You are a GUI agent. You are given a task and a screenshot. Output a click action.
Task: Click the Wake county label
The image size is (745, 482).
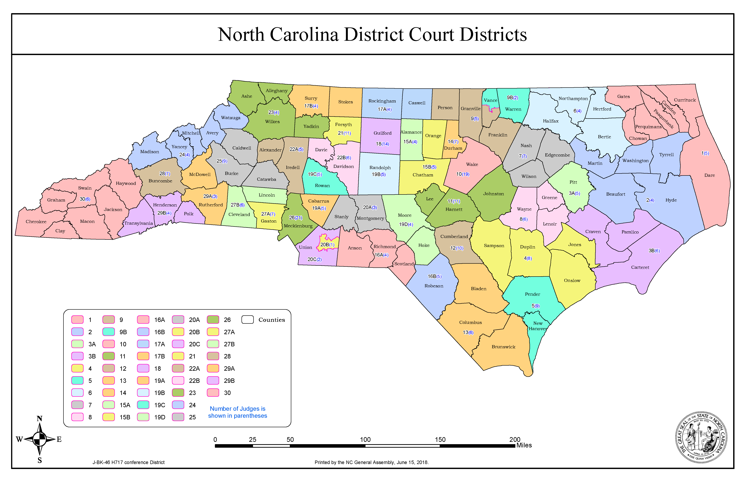tap(472, 164)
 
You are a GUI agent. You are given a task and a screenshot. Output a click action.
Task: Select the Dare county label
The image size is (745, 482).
tap(709, 175)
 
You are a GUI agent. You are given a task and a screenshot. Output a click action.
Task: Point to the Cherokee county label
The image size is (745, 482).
tap(36, 222)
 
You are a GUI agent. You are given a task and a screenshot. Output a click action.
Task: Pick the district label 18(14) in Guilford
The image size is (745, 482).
tap(382, 144)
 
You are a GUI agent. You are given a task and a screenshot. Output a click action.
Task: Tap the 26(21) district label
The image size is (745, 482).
tap(296, 217)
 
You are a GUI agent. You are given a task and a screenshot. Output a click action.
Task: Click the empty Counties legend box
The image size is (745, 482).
tap(247, 320)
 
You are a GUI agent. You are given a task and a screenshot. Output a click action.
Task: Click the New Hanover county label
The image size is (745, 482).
tap(538, 326)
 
